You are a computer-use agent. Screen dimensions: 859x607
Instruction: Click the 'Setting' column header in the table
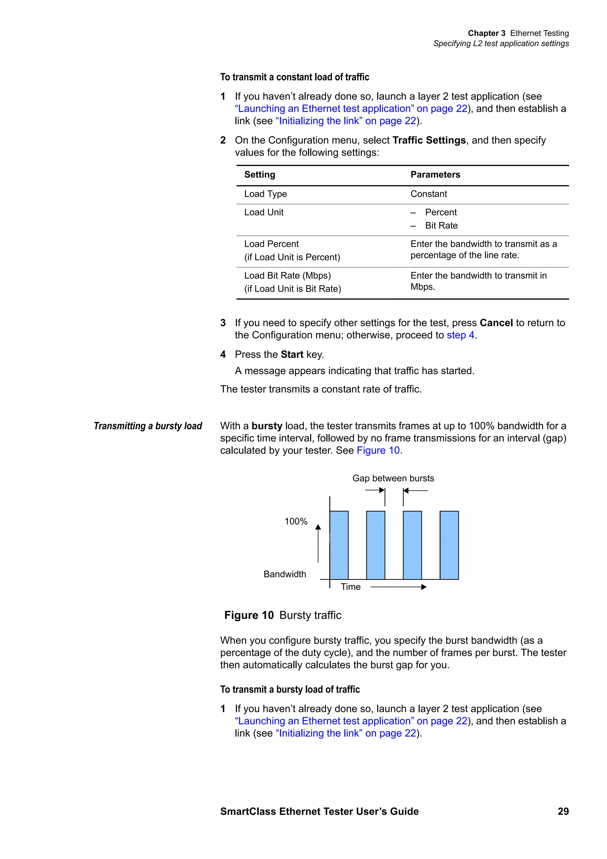click(x=260, y=175)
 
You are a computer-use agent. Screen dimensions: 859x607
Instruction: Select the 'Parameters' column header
click(x=435, y=175)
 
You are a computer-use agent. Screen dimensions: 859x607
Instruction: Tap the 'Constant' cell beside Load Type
click(x=428, y=194)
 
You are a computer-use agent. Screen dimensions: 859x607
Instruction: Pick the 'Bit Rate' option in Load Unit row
click(x=441, y=226)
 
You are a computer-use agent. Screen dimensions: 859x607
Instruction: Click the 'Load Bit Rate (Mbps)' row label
click(x=287, y=276)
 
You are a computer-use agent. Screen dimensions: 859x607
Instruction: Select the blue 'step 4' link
click(x=460, y=335)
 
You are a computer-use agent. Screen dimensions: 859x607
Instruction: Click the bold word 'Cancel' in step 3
click(x=496, y=323)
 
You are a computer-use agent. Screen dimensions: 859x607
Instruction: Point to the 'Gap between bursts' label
click(x=393, y=478)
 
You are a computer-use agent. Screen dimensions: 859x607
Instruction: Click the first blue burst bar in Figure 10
click(x=339, y=545)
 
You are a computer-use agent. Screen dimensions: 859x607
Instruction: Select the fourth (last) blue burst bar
click(x=449, y=545)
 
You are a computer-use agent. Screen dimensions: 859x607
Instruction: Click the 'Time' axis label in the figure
click(x=350, y=587)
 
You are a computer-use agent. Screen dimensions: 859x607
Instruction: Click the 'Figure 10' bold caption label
click(x=249, y=615)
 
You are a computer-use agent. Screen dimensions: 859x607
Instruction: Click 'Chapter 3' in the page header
click(x=486, y=33)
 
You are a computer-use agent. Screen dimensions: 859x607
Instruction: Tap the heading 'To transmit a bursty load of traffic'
click(x=290, y=689)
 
